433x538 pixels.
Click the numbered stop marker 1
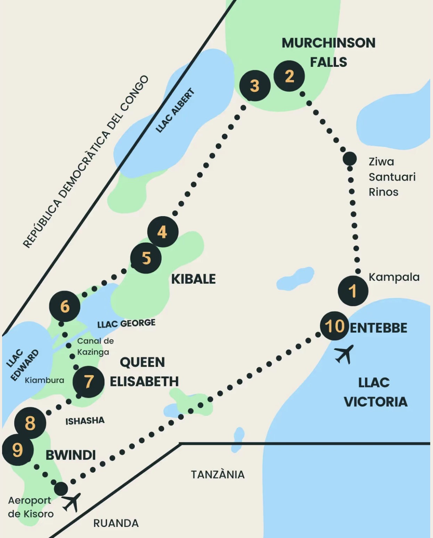[x=353, y=291]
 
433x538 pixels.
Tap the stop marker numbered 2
[x=289, y=76]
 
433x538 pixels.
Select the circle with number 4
[x=163, y=232]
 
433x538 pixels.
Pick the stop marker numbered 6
[x=65, y=306]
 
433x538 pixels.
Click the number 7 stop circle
[x=89, y=381]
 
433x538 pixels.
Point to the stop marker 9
[x=18, y=450]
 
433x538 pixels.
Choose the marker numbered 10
[x=335, y=326]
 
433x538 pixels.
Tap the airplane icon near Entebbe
[x=344, y=354]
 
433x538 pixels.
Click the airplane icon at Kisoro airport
[x=72, y=502]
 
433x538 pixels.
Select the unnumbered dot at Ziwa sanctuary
[x=350, y=159]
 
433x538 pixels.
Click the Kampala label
[x=394, y=277]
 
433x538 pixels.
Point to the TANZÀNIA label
[x=218, y=474]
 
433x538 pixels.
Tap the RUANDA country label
[x=116, y=523]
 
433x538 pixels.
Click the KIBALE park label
[x=194, y=279]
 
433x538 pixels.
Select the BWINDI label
[x=71, y=455]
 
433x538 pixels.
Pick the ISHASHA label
[x=85, y=421]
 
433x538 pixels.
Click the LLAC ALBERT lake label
[x=175, y=111]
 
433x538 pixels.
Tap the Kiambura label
[x=44, y=380]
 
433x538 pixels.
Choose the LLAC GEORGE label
[x=126, y=324]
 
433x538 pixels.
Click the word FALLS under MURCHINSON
[x=328, y=62]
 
